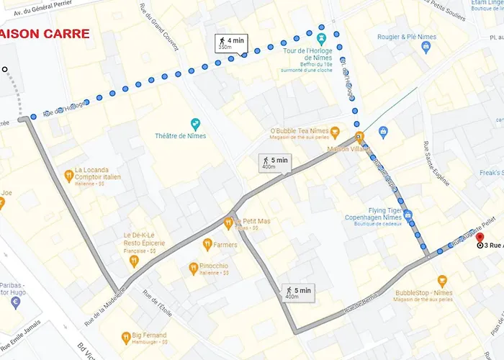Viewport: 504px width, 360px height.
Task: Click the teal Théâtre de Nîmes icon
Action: (x=194, y=124)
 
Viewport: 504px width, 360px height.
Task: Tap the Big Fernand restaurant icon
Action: (x=125, y=336)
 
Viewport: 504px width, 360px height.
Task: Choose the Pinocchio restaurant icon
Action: (x=193, y=269)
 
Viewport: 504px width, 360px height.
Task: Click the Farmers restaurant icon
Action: (x=207, y=244)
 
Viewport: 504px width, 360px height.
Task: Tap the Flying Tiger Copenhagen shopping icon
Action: (x=408, y=215)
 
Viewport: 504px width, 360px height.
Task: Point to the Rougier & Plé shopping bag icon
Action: (x=425, y=48)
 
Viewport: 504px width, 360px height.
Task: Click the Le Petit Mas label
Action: (x=253, y=221)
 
